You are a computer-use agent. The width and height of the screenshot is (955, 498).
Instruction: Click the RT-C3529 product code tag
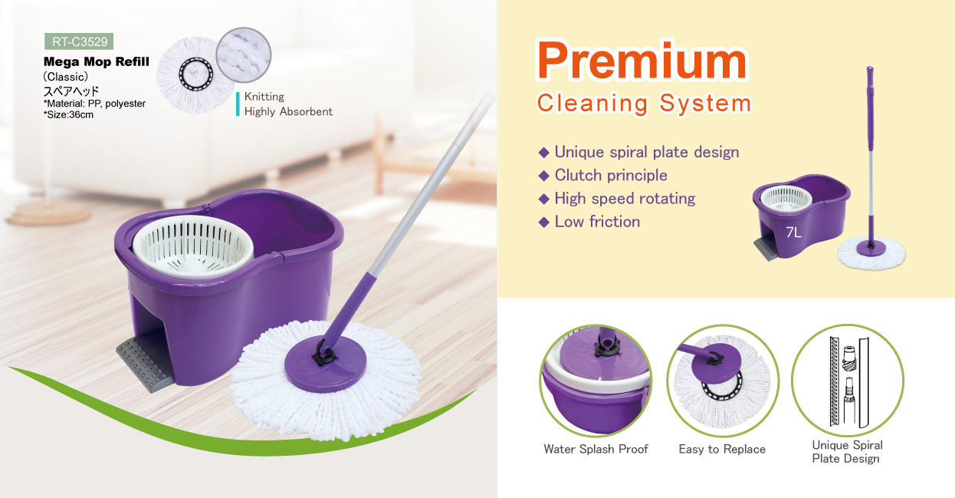pos(79,41)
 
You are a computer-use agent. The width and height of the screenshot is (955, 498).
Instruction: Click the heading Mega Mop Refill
pos(97,62)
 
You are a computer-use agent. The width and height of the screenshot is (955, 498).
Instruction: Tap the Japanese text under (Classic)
pos(71,91)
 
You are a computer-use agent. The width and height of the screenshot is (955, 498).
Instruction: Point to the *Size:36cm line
pos(68,115)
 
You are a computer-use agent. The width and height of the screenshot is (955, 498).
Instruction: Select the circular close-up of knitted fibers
pos(244,55)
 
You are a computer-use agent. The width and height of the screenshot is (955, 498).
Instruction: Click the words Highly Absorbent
pos(288,112)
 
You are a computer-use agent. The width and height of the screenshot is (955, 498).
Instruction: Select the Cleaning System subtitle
pos(644,104)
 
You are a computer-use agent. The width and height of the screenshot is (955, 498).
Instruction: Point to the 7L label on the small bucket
pos(793,233)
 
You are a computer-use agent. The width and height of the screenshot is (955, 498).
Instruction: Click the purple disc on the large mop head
pos(325,364)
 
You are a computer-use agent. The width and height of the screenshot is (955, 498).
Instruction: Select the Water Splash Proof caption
pos(596,450)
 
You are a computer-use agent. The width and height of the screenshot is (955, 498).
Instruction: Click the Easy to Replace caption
pos(722,450)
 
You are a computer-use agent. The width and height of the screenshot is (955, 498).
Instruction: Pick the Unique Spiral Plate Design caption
pos(847,452)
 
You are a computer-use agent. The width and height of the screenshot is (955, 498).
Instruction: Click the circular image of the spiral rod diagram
pos(848,381)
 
